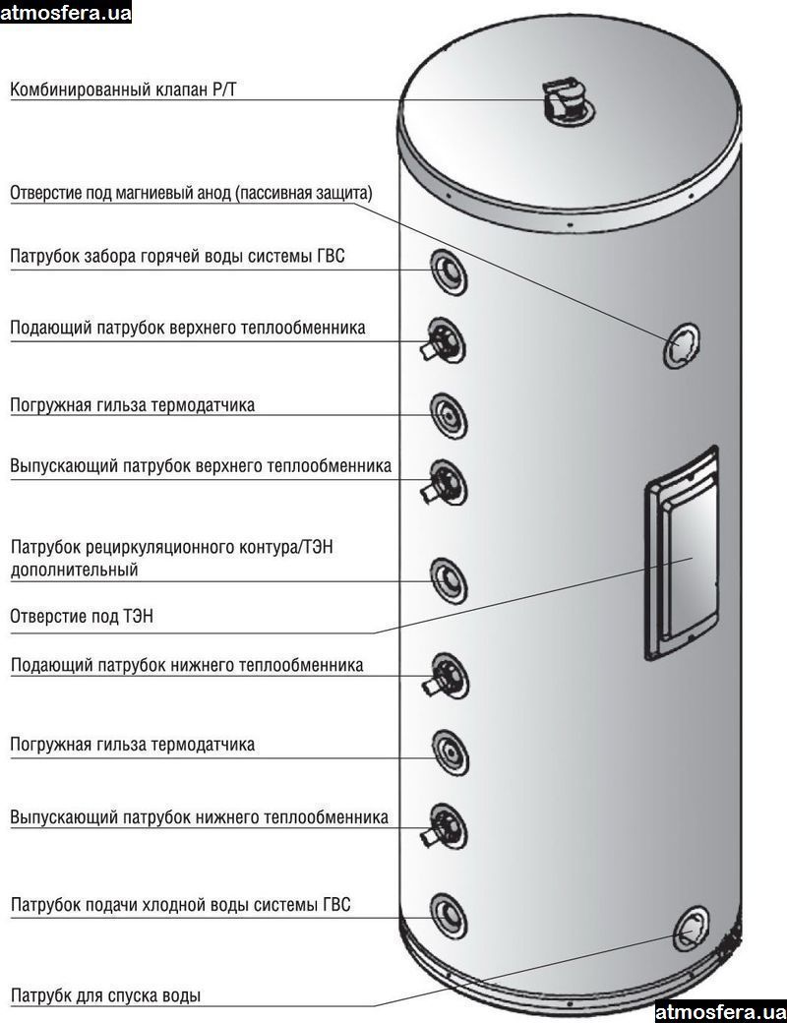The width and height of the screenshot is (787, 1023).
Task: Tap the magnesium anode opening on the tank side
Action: [681, 345]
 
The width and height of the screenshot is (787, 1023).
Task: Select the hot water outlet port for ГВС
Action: [448, 270]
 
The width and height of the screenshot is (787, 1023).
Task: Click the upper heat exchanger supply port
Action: [446, 340]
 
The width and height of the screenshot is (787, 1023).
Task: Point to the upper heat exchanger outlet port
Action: [446, 483]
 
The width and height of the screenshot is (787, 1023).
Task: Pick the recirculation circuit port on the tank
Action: [448, 580]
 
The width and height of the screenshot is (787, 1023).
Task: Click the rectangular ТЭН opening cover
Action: [680, 557]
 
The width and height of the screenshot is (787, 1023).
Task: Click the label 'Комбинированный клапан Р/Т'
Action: [124, 90]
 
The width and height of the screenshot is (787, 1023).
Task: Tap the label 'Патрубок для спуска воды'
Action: [105, 995]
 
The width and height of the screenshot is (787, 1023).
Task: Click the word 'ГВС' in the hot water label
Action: [328, 257]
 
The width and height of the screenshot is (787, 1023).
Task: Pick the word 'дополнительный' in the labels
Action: [75, 569]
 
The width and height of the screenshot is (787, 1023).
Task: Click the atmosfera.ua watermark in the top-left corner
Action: [65, 12]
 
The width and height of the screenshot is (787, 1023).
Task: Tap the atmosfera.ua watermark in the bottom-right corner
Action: [720, 1011]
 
